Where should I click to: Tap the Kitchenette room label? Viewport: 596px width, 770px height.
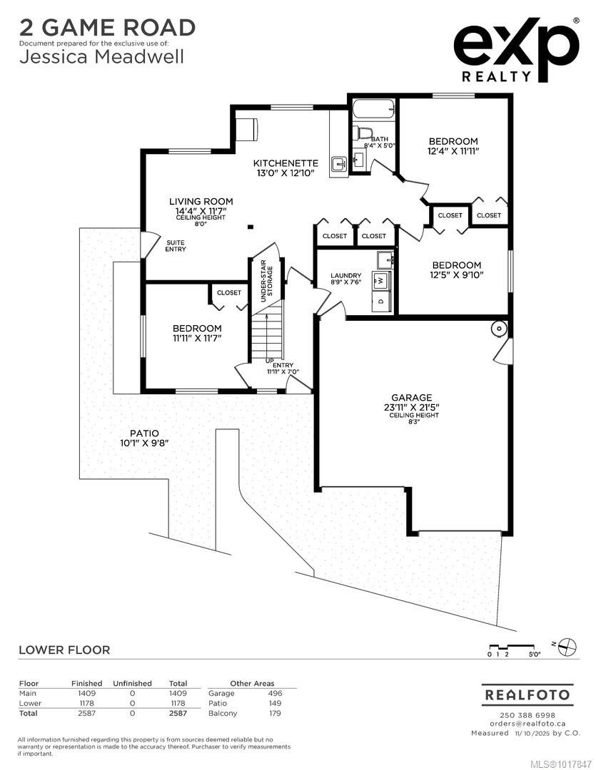(x=286, y=163)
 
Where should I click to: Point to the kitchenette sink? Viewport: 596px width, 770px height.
(x=339, y=164)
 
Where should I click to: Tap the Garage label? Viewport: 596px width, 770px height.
(x=412, y=397)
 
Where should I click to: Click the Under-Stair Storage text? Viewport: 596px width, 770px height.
(x=266, y=280)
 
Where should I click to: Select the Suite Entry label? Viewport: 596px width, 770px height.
(x=176, y=245)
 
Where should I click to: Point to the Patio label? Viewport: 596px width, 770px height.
(x=145, y=433)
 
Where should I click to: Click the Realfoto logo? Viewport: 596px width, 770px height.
(x=527, y=695)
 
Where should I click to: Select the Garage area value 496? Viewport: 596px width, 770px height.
(x=276, y=694)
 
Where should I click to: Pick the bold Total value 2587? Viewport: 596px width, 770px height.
(x=178, y=713)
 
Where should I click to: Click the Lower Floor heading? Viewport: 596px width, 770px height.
(x=64, y=650)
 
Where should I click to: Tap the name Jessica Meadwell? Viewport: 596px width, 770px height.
(x=102, y=56)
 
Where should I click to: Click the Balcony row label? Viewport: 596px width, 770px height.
(x=223, y=713)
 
